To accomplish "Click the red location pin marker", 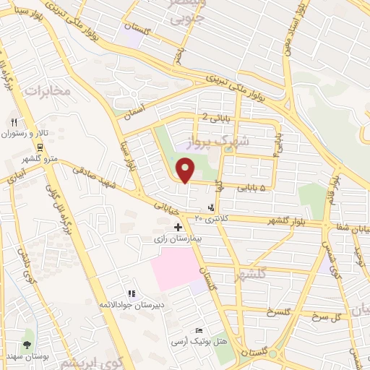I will (186, 171).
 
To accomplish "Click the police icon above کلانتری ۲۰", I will (211, 207).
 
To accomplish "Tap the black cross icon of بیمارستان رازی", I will (178, 227).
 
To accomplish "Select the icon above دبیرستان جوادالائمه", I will (132, 293).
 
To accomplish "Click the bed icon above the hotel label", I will (199, 330).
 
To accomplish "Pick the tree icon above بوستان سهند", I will (27, 345).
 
